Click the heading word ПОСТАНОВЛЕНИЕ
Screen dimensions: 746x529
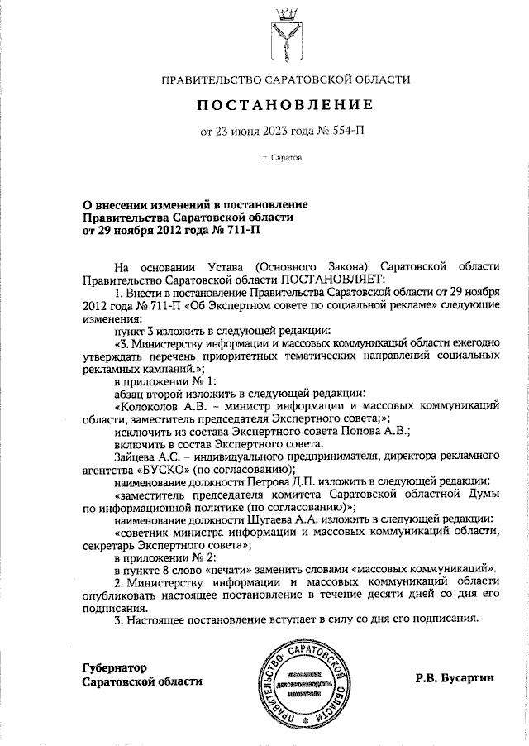point(284,105)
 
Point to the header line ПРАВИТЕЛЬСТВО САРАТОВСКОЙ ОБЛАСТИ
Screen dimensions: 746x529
point(284,79)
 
